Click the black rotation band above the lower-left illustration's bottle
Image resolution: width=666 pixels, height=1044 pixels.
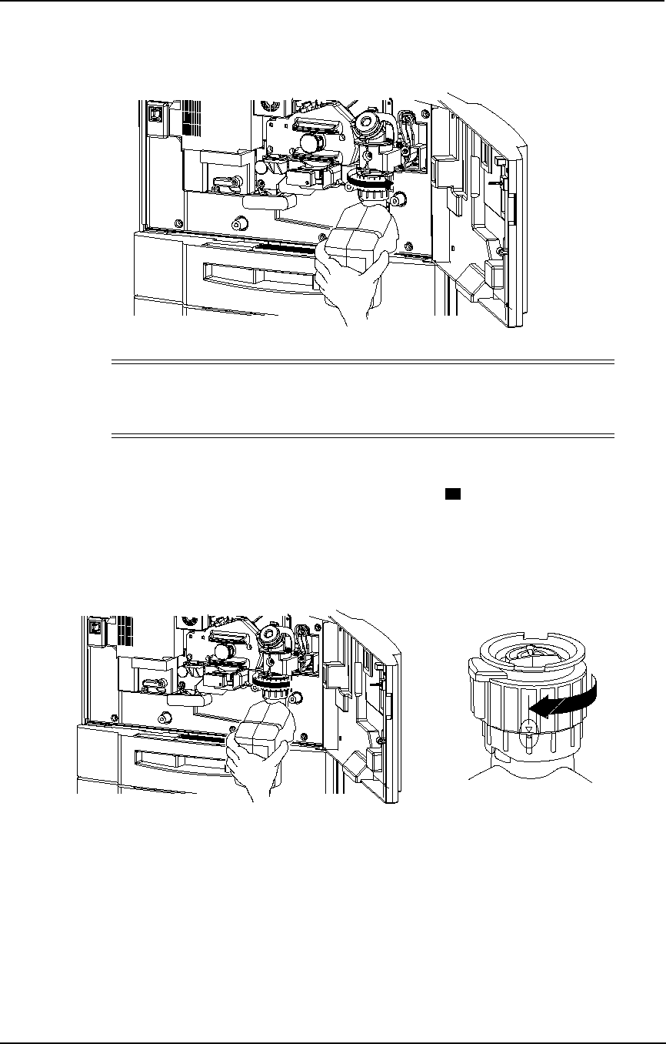tap(273, 681)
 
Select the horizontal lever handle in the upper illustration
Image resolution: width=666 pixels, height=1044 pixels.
tap(268, 202)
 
